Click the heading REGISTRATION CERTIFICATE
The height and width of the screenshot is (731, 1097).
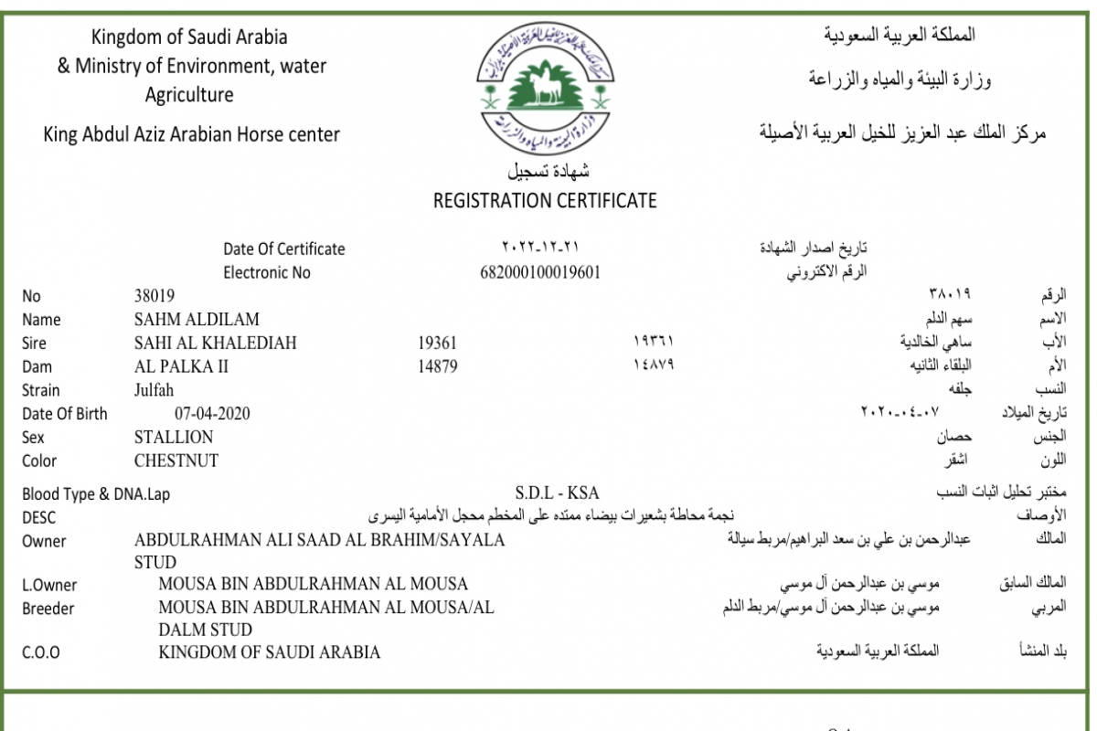click(x=545, y=201)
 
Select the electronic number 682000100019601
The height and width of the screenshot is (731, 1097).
click(x=539, y=272)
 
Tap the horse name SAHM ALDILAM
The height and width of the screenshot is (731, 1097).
click(x=197, y=320)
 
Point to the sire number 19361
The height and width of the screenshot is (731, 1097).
click(x=437, y=344)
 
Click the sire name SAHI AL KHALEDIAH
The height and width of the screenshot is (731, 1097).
click(x=215, y=344)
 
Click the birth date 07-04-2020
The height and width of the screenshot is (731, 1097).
click(x=212, y=414)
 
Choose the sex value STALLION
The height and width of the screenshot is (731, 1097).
click(x=174, y=437)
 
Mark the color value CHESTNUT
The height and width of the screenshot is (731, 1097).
click(x=176, y=461)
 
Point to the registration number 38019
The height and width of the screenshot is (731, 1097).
click(x=154, y=296)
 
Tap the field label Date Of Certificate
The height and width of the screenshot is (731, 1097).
click(x=284, y=249)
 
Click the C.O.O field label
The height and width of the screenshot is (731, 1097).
click(x=42, y=653)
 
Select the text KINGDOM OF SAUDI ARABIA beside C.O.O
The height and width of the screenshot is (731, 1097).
click(x=270, y=652)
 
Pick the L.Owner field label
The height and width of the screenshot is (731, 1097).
click(x=49, y=586)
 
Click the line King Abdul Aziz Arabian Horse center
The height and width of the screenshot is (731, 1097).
click(x=192, y=134)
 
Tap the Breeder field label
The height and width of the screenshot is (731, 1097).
click(x=48, y=609)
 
